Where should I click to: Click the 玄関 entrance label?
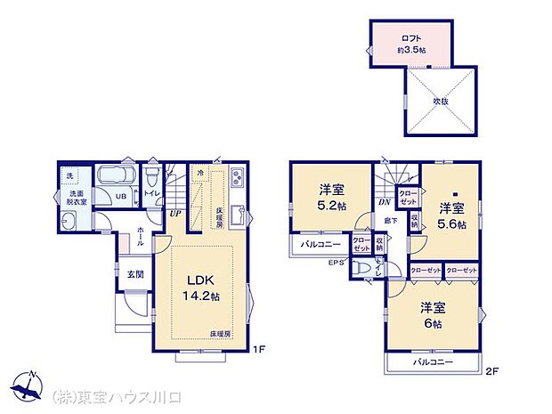coord(134,274)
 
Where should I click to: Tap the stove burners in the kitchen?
coord(238,176)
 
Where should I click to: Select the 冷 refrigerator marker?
coord(200,173)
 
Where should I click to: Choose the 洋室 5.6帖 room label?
coord(452,215)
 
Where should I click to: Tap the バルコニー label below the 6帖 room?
coord(433,363)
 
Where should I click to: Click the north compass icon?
coord(32,386)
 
